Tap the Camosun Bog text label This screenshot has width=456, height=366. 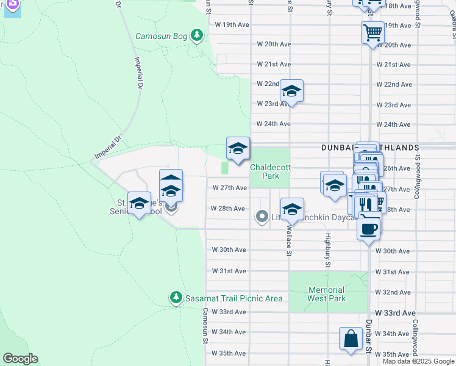162,36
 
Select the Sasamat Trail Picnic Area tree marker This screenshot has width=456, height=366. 176,297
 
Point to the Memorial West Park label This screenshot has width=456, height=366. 327,294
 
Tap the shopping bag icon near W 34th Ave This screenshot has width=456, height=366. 351,339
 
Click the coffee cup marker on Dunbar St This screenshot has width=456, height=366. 368,229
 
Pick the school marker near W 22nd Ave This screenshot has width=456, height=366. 291,91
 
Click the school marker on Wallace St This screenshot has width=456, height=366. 292,209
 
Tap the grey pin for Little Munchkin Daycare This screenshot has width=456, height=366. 262,217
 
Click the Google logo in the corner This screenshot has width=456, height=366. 20,359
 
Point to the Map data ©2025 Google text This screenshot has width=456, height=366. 418,361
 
